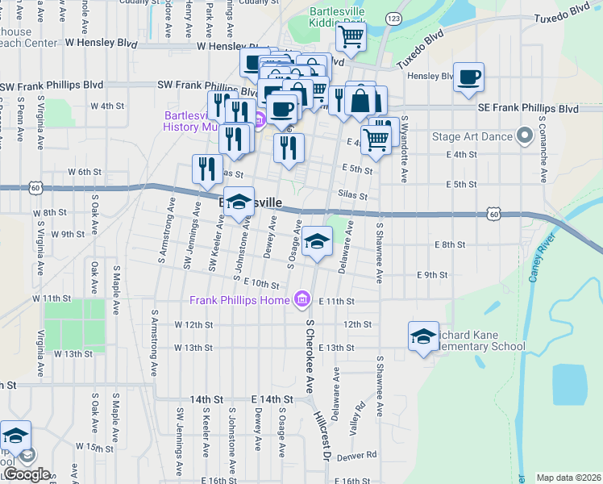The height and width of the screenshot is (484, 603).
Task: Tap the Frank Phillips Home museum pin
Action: coord(302,301)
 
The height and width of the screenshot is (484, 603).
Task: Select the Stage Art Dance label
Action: coord(472,136)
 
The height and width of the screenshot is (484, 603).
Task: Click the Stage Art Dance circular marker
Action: coord(526,136)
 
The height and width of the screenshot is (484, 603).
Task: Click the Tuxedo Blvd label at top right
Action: coord(562,15)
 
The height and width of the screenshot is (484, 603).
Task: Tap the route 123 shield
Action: coord(393,18)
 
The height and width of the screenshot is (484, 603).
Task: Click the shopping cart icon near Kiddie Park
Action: coord(351,35)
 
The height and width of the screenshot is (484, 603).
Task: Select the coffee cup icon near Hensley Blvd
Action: coord(468,77)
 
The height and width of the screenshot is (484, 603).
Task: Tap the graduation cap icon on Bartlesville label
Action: coord(239,202)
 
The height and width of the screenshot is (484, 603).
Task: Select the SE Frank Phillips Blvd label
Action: coord(528,108)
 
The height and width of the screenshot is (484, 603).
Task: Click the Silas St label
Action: coord(353,195)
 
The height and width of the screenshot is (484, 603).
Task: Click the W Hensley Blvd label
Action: coord(107,44)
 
